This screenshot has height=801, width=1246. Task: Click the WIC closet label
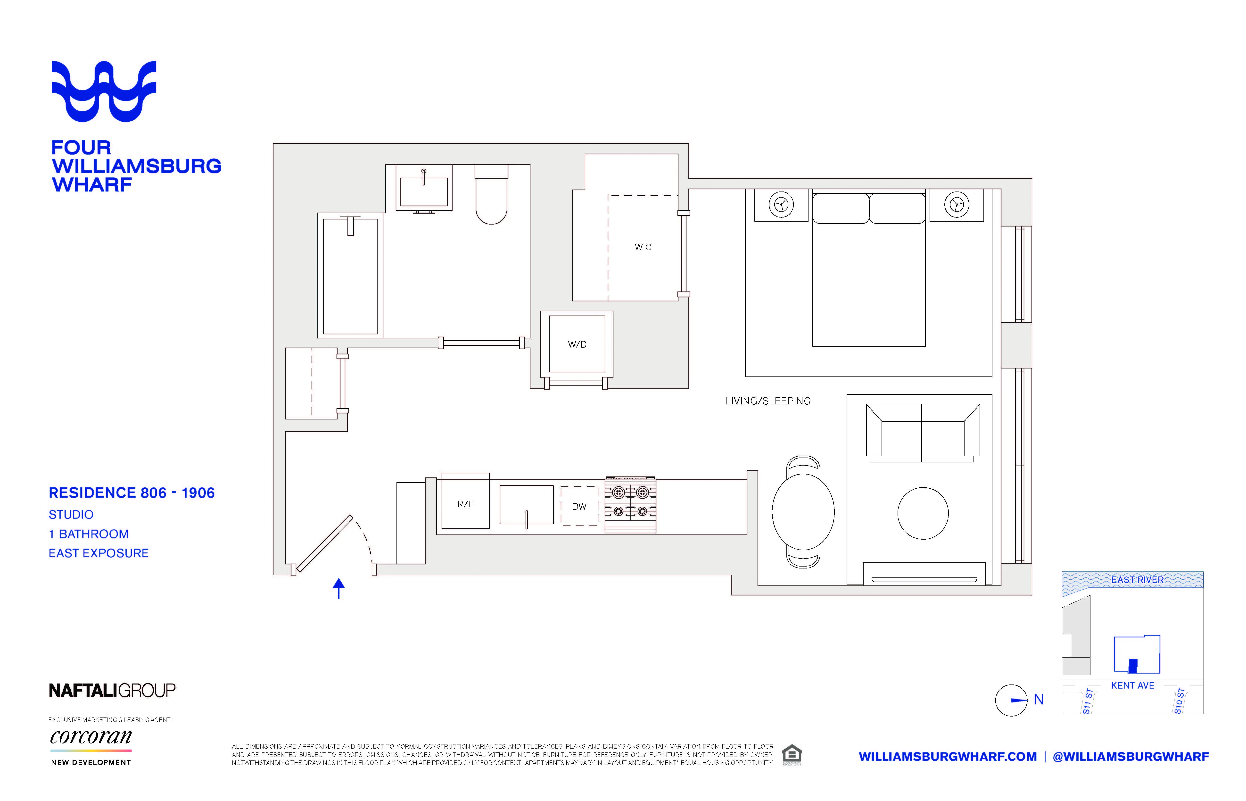pyautogui.click(x=643, y=247)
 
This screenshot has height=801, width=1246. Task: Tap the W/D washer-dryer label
pyautogui.click(x=577, y=344)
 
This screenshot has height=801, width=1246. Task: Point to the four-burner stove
pyautogui.click(x=630, y=505)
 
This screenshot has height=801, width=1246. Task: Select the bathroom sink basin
pyautogui.click(x=424, y=192)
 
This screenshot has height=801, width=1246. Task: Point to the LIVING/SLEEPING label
pyautogui.click(x=768, y=401)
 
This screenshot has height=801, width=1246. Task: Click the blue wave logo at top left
pyautogui.click(x=104, y=91)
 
